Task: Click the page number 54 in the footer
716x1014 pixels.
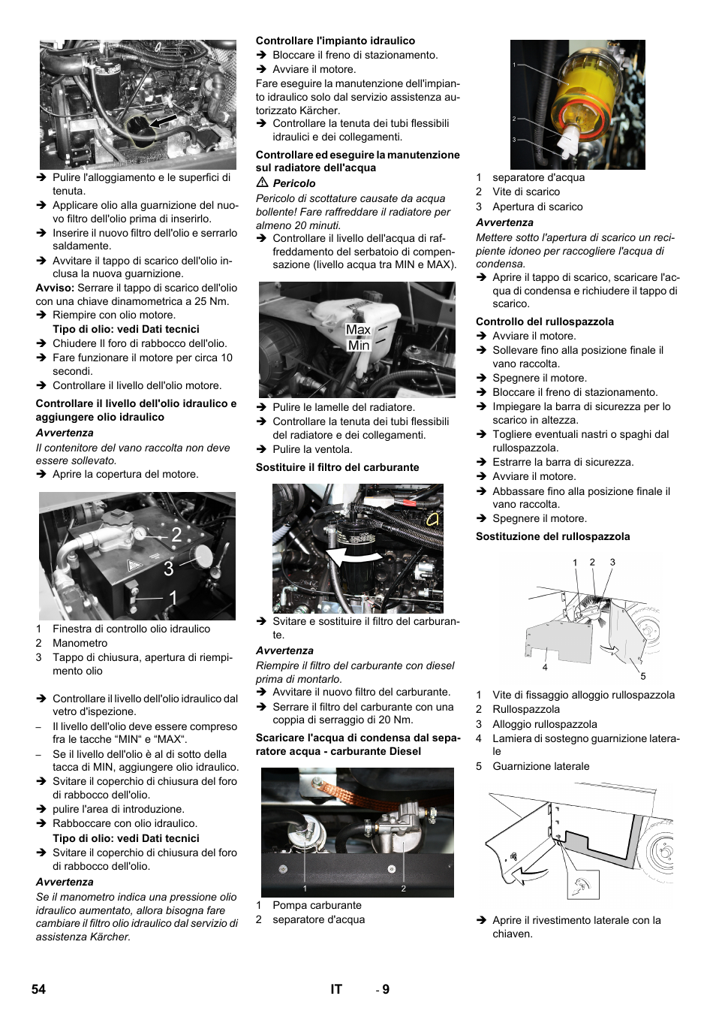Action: coord(38,989)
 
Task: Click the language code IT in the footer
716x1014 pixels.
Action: coord(336,989)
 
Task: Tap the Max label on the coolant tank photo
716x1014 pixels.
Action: coord(358,330)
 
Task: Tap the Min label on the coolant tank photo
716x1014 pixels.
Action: coord(358,346)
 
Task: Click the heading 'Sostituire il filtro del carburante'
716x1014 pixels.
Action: coord(337,467)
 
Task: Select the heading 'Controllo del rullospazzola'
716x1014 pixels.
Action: coord(544,321)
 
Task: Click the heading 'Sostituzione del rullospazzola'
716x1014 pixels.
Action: coord(552,536)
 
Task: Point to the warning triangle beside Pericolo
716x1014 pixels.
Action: coord(262,183)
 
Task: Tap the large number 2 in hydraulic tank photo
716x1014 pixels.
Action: coord(176,535)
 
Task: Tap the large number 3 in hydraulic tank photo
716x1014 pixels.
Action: coord(169,569)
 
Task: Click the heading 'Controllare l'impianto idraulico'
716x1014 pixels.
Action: coord(335,41)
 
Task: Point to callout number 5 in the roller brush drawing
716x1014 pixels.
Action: coord(642,676)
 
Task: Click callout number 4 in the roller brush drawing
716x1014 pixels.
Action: coord(545,667)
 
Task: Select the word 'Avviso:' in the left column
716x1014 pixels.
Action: coord(55,288)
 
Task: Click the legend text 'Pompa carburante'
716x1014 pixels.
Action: coord(317,905)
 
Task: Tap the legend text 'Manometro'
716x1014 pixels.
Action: coord(80,643)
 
